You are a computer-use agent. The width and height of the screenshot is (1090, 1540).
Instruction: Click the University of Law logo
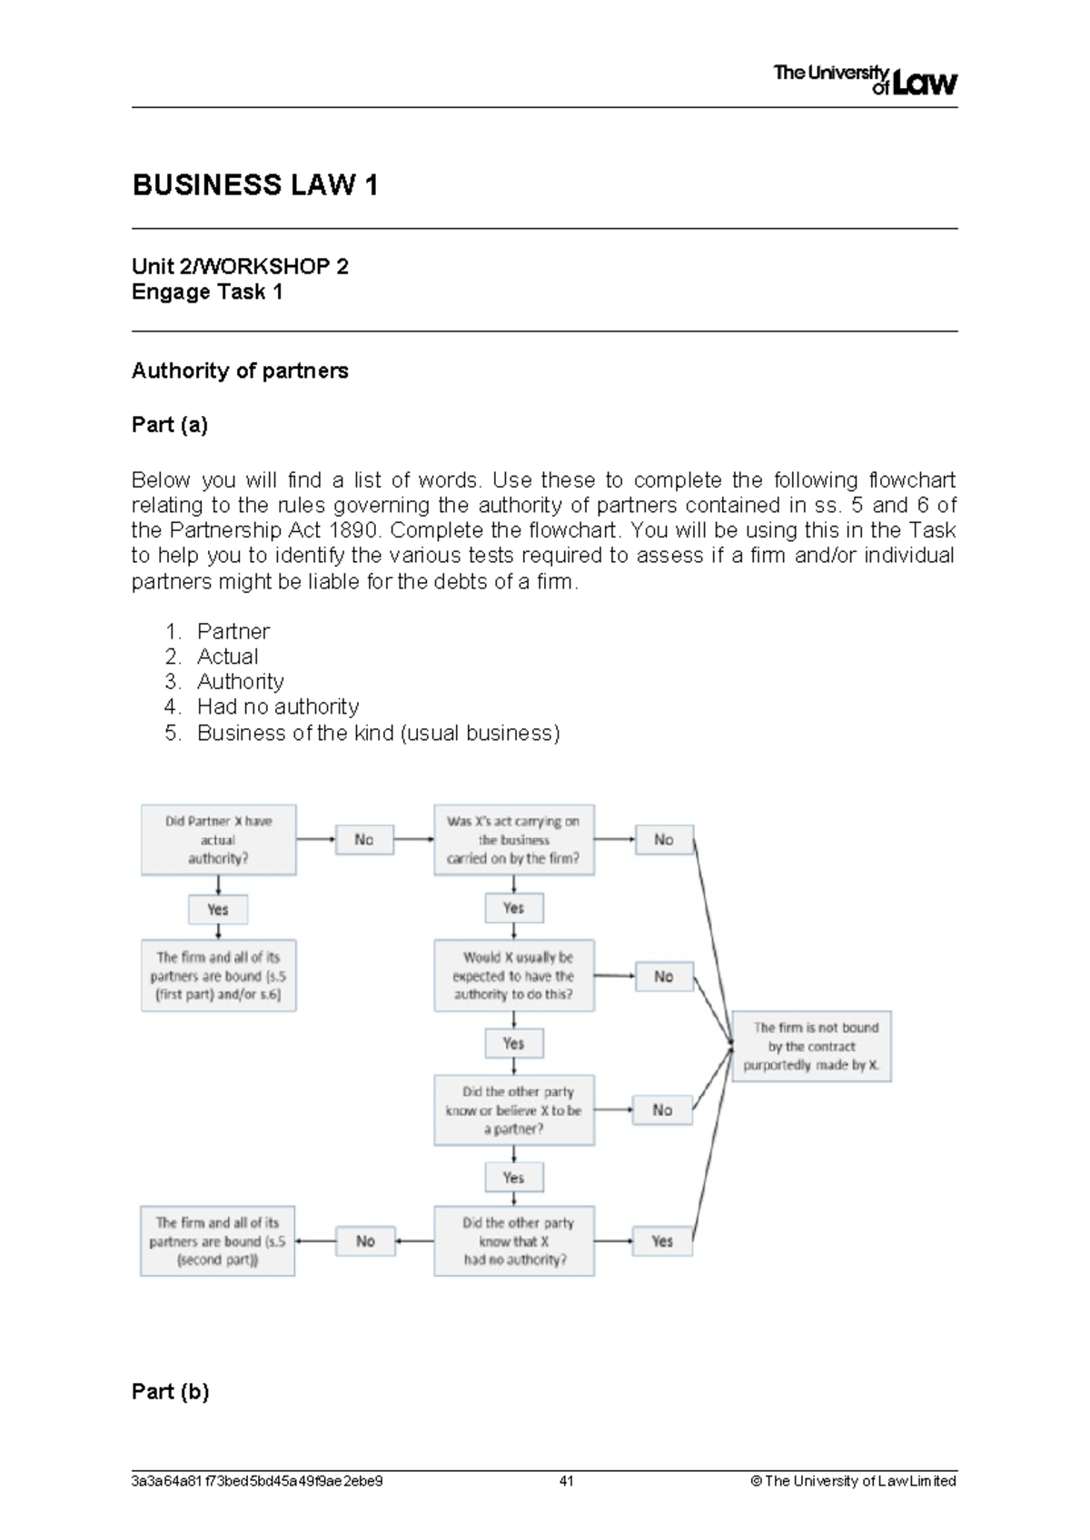pyautogui.click(x=865, y=80)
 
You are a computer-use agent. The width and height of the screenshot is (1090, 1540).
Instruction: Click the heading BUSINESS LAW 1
pyautogui.click(x=255, y=185)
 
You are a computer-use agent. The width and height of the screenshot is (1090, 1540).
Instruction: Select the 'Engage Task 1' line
pyautogui.click(x=207, y=292)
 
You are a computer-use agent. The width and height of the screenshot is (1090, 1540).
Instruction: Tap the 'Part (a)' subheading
pyautogui.click(x=170, y=425)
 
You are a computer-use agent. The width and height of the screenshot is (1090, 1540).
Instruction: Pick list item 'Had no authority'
pyautogui.click(x=277, y=707)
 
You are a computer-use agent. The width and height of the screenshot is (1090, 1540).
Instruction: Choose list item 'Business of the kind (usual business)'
pyautogui.click(x=378, y=733)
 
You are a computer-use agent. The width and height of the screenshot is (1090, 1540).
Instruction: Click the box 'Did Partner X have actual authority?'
pyautogui.click(x=218, y=840)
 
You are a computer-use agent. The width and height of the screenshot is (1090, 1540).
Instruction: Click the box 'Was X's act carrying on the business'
pyautogui.click(x=514, y=840)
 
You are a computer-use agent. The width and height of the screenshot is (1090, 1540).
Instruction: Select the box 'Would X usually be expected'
pyautogui.click(x=514, y=976)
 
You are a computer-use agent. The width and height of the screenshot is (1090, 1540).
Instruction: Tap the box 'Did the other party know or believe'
pyautogui.click(x=514, y=1111)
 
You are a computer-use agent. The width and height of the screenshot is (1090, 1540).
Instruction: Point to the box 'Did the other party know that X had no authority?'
pyautogui.click(x=514, y=1241)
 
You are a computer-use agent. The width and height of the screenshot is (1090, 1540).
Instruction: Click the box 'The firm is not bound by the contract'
pyautogui.click(x=811, y=1046)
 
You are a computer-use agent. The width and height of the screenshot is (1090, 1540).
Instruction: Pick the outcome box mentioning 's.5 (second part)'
pyautogui.click(x=217, y=1241)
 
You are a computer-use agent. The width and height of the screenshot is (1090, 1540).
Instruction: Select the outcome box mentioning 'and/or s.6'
pyautogui.click(x=218, y=976)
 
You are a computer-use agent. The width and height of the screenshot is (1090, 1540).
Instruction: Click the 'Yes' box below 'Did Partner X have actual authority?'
pyautogui.click(x=218, y=909)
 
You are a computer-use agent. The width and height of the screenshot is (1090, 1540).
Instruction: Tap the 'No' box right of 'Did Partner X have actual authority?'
pyautogui.click(x=364, y=840)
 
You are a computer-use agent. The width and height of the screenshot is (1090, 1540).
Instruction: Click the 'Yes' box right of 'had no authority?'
pyautogui.click(x=662, y=1241)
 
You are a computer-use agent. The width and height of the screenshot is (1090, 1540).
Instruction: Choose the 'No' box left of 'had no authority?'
pyautogui.click(x=365, y=1241)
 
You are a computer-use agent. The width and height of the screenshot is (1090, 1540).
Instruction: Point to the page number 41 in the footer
pyautogui.click(x=567, y=1481)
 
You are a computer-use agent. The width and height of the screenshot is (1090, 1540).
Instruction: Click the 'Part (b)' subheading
pyautogui.click(x=170, y=1392)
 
